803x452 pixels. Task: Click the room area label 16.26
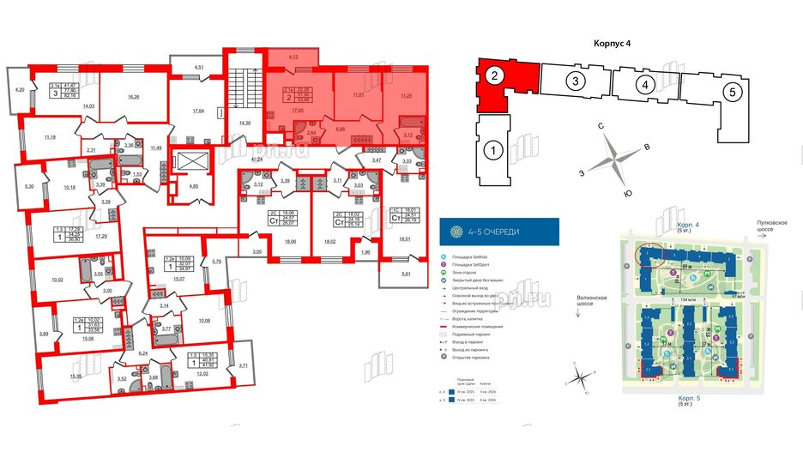pos(133,98)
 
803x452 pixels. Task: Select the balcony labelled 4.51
pos(198,66)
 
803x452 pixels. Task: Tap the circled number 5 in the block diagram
pos(729,93)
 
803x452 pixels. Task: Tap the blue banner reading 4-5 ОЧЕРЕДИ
pos(498,232)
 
